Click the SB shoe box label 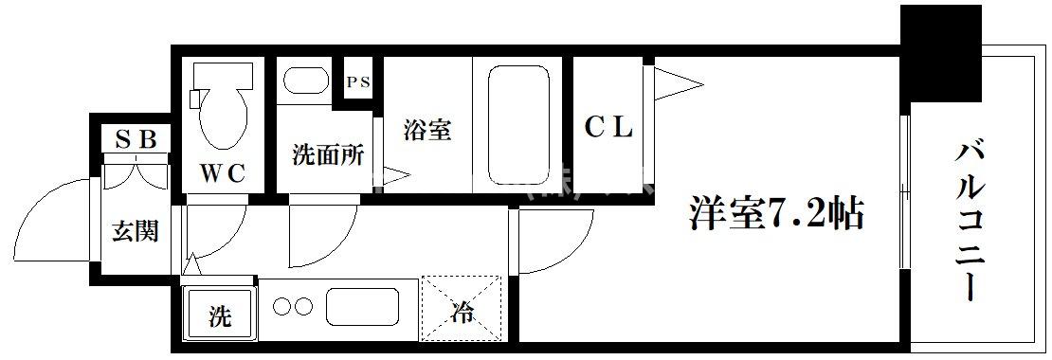click(x=136, y=139)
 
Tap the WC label click(x=223, y=172)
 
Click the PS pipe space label click(x=357, y=82)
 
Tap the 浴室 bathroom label click(x=426, y=130)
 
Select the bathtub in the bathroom click(x=516, y=123)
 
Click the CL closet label click(x=608, y=127)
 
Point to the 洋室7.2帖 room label click(x=774, y=214)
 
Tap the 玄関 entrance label click(x=136, y=230)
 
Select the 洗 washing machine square click(x=219, y=314)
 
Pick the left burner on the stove click(x=281, y=306)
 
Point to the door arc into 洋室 click(x=552, y=242)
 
